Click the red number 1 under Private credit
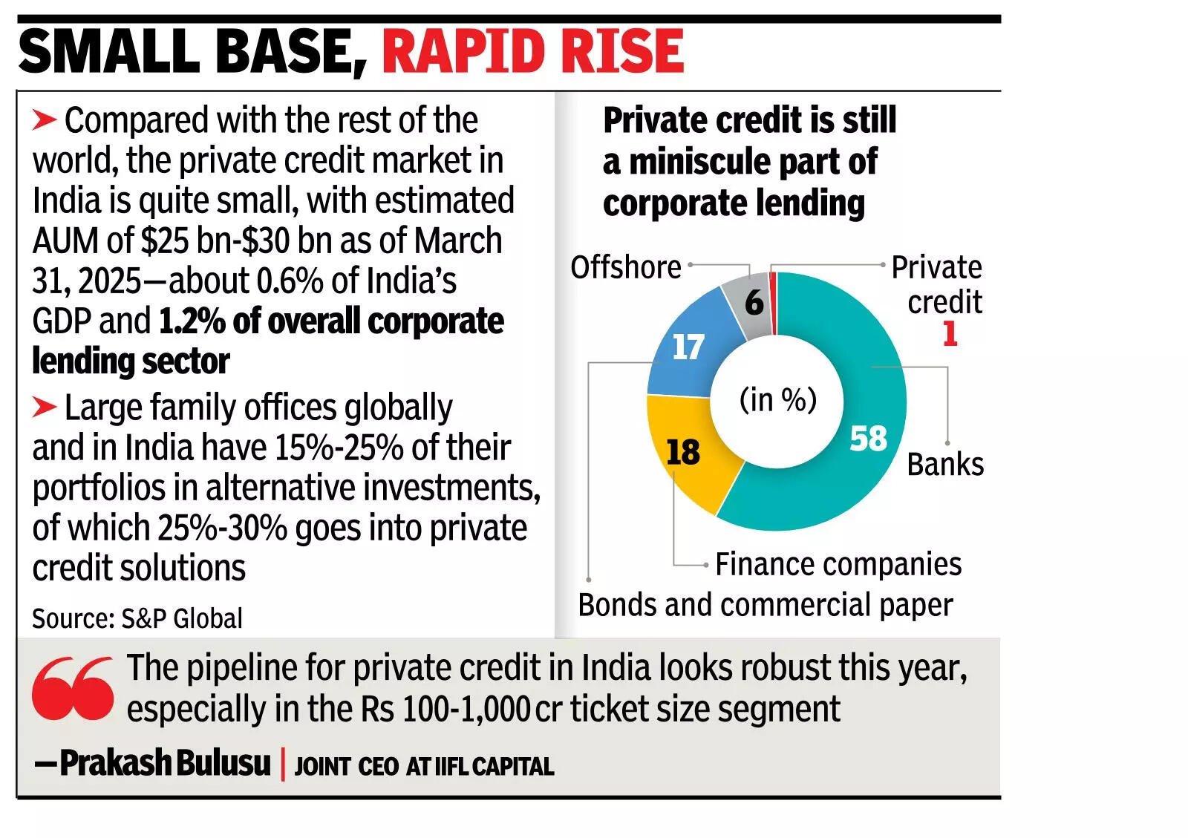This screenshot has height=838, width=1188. tap(950, 333)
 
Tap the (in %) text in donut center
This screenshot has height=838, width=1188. tap(777, 400)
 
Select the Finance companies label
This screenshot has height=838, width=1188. tap(838, 564)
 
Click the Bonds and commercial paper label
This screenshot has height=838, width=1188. tap(765, 605)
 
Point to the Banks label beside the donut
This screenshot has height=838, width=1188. tap(944, 465)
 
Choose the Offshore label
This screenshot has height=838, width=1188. tap(625, 267)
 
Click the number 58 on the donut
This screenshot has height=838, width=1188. tap(868, 438)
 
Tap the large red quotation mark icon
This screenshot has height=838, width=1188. tap(73, 688)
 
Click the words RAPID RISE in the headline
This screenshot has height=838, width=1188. tap(532, 51)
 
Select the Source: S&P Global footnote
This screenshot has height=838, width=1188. tap(137, 618)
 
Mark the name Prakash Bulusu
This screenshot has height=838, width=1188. tap(165, 763)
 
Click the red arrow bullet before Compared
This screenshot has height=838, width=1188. tap(45, 120)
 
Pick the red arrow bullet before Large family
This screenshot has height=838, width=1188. tap(45, 407)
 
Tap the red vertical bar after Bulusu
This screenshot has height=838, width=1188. tap(283, 765)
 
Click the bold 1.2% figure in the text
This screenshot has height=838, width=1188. tap(192, 321)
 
